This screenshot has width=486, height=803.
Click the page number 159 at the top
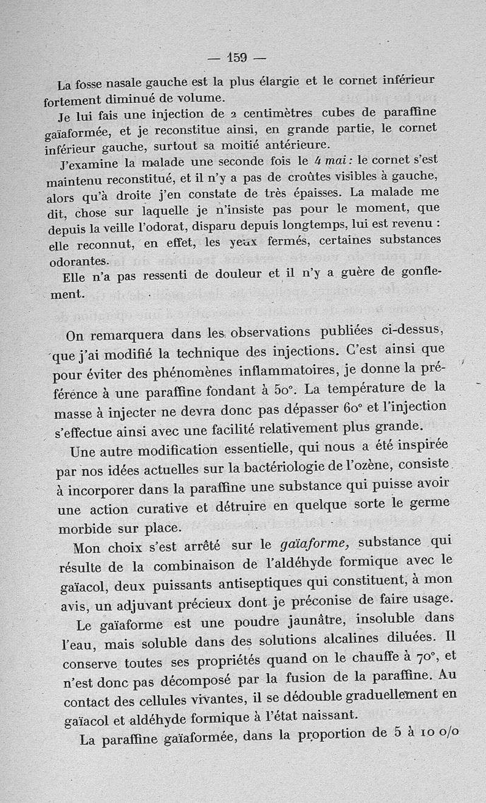click(x=237, y=58)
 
